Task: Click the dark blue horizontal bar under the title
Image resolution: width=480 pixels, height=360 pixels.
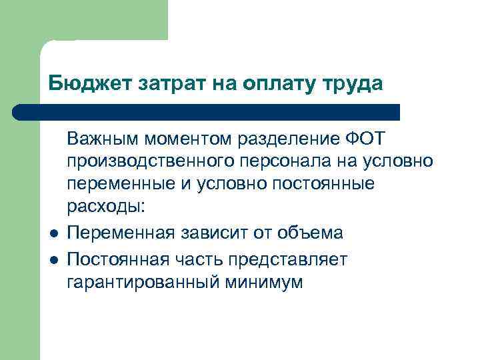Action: coord(207,112)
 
